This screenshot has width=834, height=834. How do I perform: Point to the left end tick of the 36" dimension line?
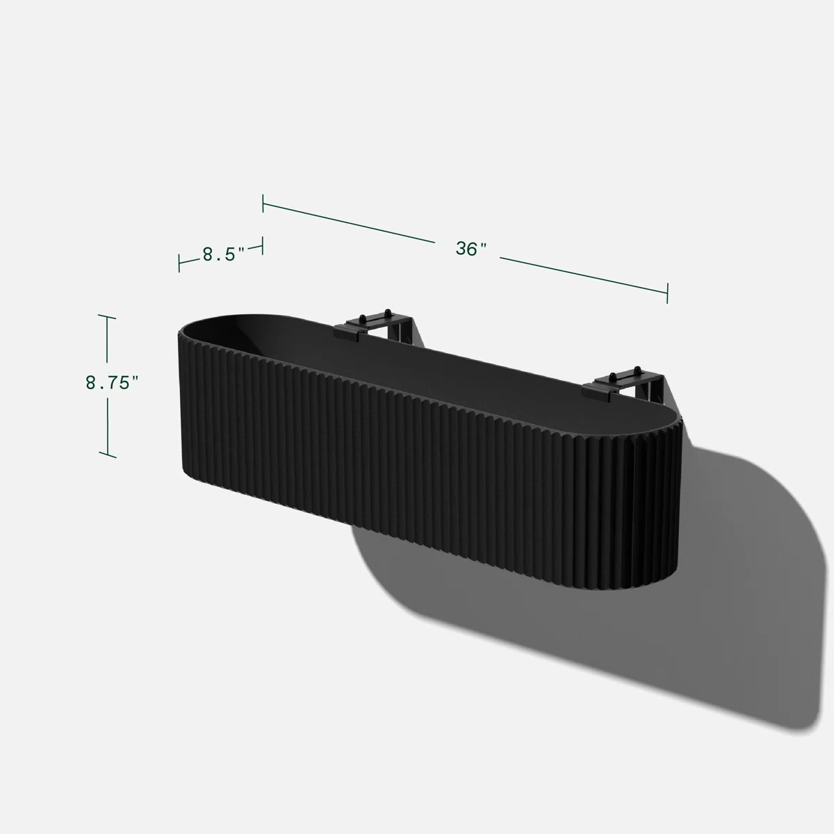(263, 204)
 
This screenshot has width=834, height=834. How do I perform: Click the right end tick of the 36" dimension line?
(667, 293)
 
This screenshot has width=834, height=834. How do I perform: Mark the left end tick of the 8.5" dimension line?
(179, 263)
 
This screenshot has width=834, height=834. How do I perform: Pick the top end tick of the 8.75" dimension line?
(106, 316)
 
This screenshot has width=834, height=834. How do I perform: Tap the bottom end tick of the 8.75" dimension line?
(107, 456)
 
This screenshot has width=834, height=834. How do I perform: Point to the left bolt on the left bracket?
(365, 317)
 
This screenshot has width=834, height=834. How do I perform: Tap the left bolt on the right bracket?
(614, 376)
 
